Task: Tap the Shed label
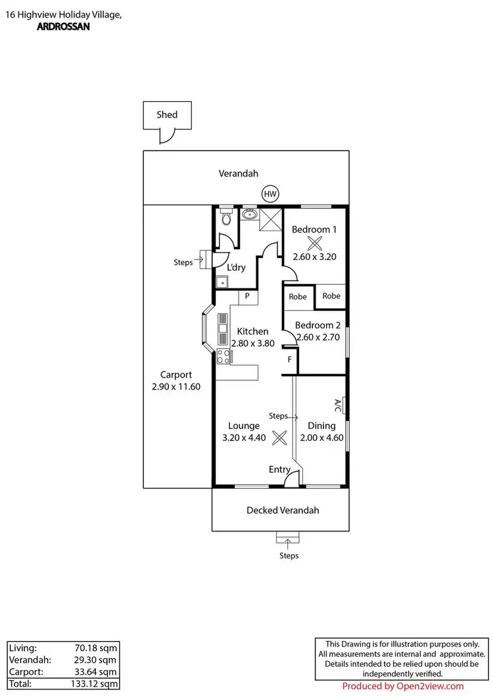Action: click(167, 114)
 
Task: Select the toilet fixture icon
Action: click(225, 217)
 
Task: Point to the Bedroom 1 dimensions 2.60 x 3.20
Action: click(314, 257)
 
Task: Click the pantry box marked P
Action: click(247, 296)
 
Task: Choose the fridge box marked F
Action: click(290, 360)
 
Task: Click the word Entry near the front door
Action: click(279, 469)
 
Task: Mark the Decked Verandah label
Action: click(283, 510)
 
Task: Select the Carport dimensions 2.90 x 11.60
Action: click(176, 387)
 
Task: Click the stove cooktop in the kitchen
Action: click(223, 357)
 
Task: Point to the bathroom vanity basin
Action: click(249, 215)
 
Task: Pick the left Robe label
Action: click(298, 297)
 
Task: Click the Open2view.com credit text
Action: click(404, 686)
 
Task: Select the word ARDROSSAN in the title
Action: click(56, 28)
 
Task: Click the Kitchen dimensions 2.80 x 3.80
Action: click(252, 343)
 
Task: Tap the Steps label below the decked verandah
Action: click(289, 556)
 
